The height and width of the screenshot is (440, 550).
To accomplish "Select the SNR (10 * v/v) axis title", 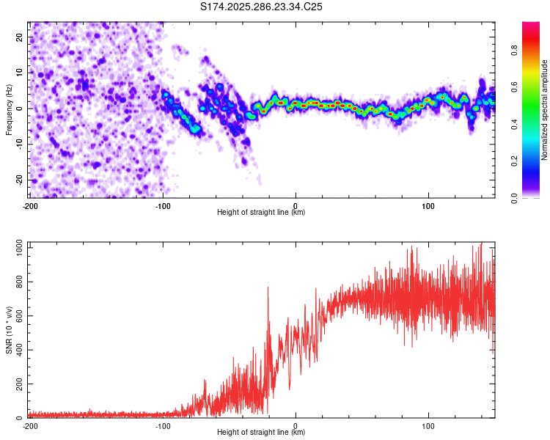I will click(9, 332).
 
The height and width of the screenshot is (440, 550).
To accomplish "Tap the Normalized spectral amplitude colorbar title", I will click(545, 110).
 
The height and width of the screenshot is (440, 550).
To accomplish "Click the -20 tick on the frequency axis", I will click(20, 180).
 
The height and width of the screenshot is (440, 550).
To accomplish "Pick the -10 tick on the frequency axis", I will click(20, 144).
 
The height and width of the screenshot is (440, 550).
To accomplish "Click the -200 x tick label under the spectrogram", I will click(30, 205).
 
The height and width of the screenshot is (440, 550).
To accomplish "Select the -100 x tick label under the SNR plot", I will click(163, 426).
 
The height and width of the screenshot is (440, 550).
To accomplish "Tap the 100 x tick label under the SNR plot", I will click(428, 426).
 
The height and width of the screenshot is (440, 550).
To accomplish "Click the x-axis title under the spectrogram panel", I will click(261, 213).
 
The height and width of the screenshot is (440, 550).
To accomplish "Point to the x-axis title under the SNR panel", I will click(261, 433).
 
